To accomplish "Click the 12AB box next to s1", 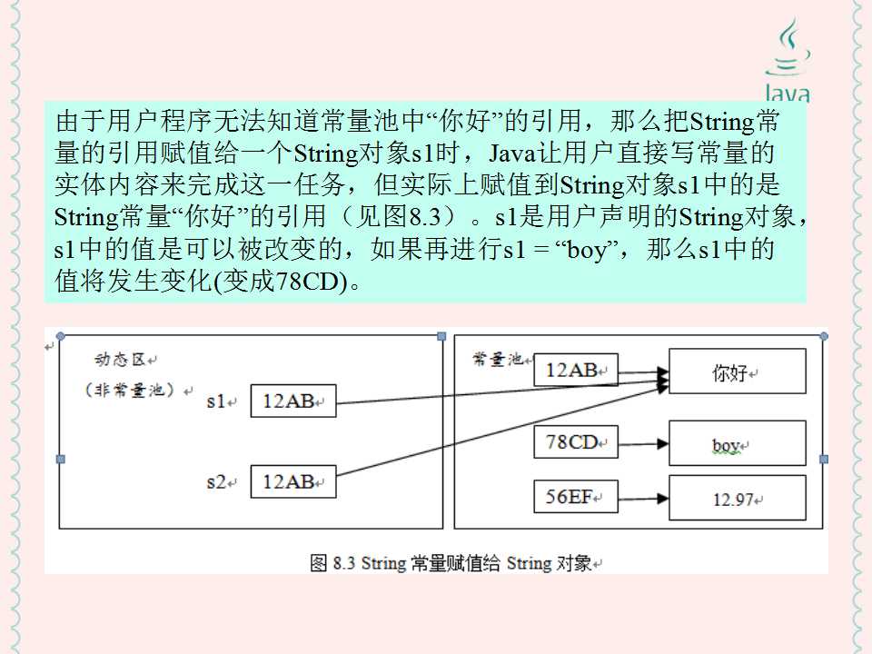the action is click(292, 401).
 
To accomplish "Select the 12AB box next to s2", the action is click(292, 481).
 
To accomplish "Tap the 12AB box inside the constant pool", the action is click(576, 369).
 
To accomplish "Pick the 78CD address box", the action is click(576, 442).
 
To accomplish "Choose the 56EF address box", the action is click(576, 496).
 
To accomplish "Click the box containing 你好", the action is click(737, 372).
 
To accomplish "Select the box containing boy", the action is click(737, 443).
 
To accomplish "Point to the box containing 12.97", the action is click(737, 498).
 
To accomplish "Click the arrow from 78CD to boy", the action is click(643, 443).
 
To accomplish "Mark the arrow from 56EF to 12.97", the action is click(643, 498).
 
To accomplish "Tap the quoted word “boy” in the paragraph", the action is click(586, 249).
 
